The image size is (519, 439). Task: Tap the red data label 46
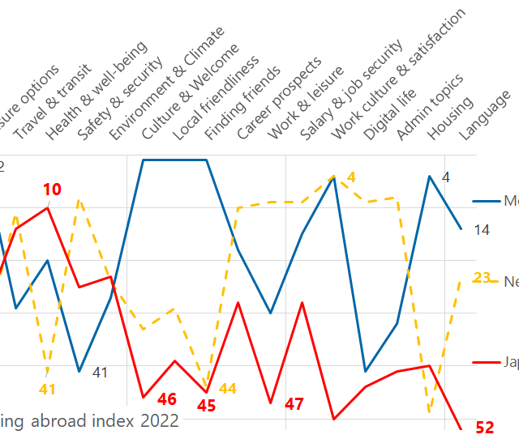click(x=167, y=399)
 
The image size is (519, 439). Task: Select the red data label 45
click(x=207, y=406)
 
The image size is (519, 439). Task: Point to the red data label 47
click(x=294, y=404)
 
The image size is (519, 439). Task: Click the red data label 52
click(x=485, y=428)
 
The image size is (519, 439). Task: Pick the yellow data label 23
click(x=482, y=278)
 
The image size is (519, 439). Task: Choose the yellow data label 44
click(x=228, y=389)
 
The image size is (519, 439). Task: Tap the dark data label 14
click(x=482, y=230)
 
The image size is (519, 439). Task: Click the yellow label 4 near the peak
click(x=351, y=177)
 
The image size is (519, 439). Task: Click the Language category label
click(x=484, y=116)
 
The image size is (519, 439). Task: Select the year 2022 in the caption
click(x=159, y=420)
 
